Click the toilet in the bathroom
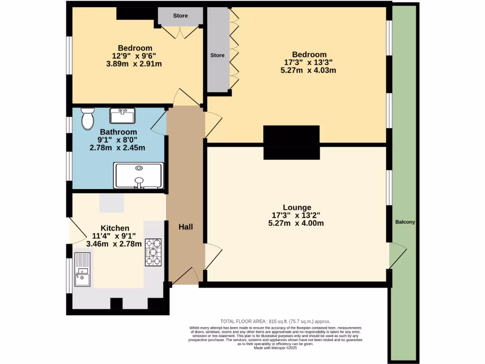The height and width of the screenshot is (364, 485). pyautogui.click(x=88, y=118)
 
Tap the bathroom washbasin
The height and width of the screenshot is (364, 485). pyautogui.click(x=122, y=116)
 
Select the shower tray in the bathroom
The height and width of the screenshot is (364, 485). pyautogui.click(x=138, y=175)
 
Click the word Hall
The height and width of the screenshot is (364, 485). pyautogui.click(x=185, y=227)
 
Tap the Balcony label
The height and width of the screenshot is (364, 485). pyautogui.click(x=405, y=222)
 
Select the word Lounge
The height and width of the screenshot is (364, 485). pyautogui.click(x=297, y=207)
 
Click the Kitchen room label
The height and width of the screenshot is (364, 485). pyautogui.click(x=115, y=228)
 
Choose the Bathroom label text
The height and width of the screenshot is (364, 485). pyautogui.click(x=118, y=132)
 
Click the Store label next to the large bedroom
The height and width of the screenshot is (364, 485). pyautogui.click(x=217, y=55)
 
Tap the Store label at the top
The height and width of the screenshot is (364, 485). pyautogui.click(x=180, y=16)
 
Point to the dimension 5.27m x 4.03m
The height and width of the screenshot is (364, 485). pyautogui.click(x=308, y=71)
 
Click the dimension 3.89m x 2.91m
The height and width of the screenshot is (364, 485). pyautogui.click(x=135, y=64)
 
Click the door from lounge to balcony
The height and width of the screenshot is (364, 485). pyautogui.click(x=397, y=256)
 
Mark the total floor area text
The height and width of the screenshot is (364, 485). pyautogui.click(x=275, y=321)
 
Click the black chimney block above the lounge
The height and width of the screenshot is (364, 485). pyautogui.click(x=291, y=142)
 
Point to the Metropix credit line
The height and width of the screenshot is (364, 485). pyautogui.click(x=275, y=347)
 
